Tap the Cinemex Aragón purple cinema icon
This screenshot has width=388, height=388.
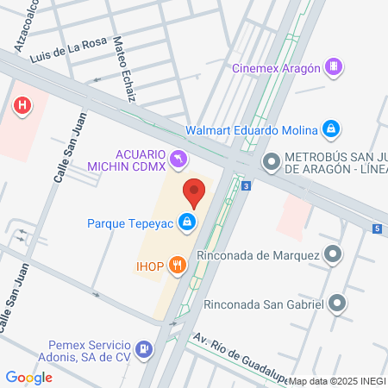pos(334,67)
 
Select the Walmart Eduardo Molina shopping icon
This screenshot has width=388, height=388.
pos(330,130)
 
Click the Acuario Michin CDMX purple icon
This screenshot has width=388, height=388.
pos(178,159)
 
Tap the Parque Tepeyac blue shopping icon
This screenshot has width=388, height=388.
pos(186,223)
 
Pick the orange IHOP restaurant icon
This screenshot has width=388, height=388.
pos(177,265)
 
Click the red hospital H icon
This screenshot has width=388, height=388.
pos(23,106)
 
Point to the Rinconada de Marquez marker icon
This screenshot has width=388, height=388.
pos(333,254)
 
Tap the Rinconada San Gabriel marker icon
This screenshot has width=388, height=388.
pos(338,303)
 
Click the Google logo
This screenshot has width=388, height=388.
pos(28,377)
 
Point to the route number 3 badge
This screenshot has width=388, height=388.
pos(247,185)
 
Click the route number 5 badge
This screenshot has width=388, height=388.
pos(377,228)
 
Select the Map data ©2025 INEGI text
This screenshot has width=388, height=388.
pos(337,380)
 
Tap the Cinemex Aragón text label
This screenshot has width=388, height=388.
pos(275,68)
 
